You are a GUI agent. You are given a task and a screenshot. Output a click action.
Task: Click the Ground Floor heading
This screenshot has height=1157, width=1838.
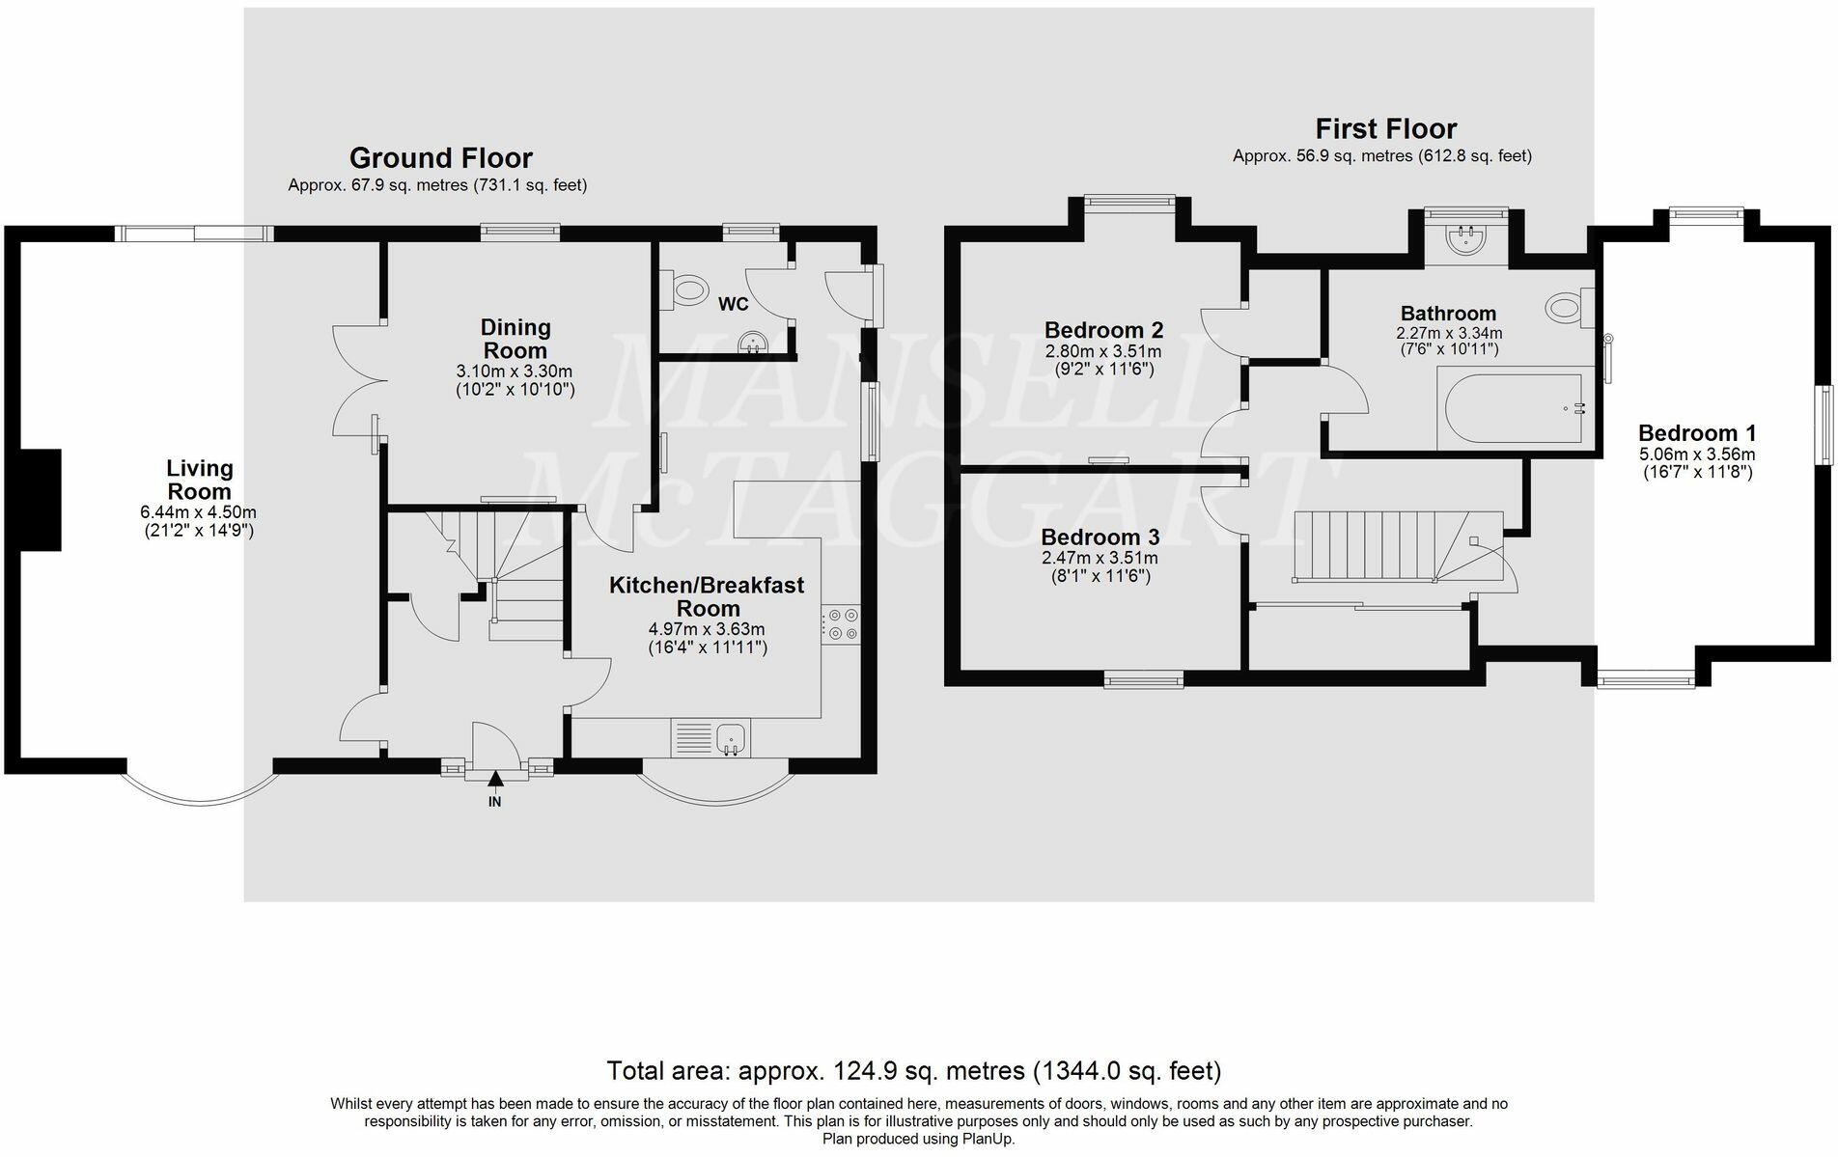pos(440,157)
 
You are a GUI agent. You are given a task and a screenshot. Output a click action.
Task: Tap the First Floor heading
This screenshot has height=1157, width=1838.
pos(1385,128)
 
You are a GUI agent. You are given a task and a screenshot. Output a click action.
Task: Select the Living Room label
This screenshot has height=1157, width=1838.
pos(200,480)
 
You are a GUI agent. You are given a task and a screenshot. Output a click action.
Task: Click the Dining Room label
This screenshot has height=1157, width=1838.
pos(515,339)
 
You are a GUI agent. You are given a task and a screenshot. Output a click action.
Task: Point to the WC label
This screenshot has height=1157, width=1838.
pos(734,304)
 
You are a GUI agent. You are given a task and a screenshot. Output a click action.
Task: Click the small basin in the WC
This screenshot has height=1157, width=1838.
pos(752,342)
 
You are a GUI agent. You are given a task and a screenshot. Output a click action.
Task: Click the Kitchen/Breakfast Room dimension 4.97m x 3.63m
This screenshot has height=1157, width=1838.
pos(707,629)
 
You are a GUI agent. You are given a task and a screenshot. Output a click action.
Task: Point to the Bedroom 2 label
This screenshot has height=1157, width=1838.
pos(1104,330)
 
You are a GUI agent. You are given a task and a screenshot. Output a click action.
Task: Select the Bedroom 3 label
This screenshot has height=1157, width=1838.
pos(1100,537)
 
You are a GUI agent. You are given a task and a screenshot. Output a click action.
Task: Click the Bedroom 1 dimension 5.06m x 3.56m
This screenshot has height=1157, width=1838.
pos(1697,455)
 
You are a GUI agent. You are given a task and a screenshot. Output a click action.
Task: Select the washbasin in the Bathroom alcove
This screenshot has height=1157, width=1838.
pos(1466,239)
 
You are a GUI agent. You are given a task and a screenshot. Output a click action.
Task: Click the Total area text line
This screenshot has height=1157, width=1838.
pos(914,1070)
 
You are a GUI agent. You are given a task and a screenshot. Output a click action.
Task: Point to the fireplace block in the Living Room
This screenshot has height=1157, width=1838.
pos(42,500)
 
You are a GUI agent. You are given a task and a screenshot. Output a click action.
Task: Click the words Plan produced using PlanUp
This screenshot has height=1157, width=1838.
pos(919,1139)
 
